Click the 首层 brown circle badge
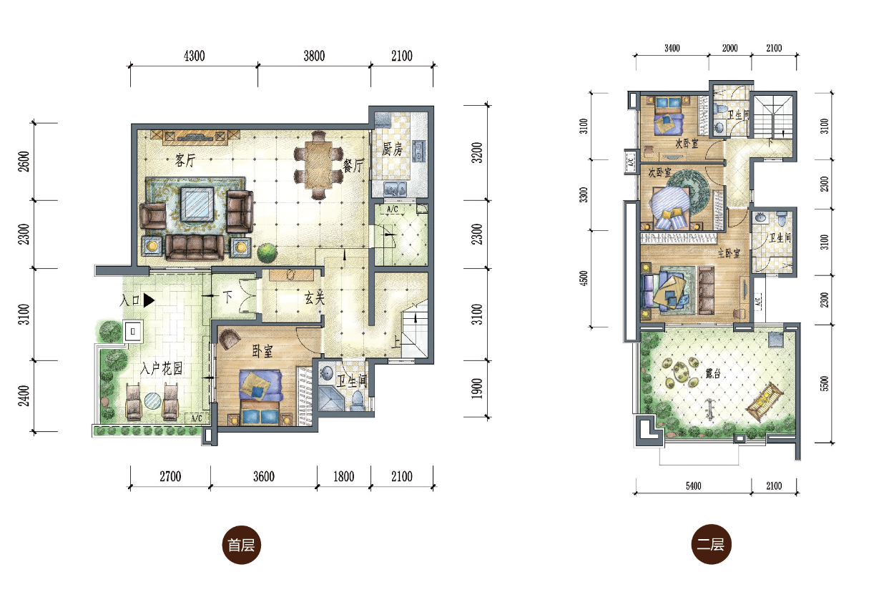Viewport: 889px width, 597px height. [241, 545]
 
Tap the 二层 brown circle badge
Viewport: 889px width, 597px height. [711, 544]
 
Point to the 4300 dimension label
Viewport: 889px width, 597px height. [195, 56]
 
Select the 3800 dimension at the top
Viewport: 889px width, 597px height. [314, 56]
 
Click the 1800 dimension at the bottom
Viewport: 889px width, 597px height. [344, 476]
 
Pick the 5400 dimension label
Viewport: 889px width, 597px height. [693, 486]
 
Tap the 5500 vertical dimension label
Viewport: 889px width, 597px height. [825, 384]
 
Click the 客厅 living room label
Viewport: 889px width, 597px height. [185, 161]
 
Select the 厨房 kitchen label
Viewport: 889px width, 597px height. [392, 149]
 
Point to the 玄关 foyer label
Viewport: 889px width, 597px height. [314, 298]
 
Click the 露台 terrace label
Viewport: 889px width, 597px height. [713, 373]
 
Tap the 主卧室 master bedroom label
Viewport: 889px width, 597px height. [729, 253]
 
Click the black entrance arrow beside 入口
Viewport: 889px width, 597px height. [149, 300]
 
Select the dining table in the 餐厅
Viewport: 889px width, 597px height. [319, 165]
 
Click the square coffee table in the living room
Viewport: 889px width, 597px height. [197, 204]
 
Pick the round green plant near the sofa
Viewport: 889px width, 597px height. [267, 252]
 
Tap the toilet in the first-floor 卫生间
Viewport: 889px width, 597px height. [358, 400]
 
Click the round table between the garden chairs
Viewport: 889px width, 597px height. [152, 401]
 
